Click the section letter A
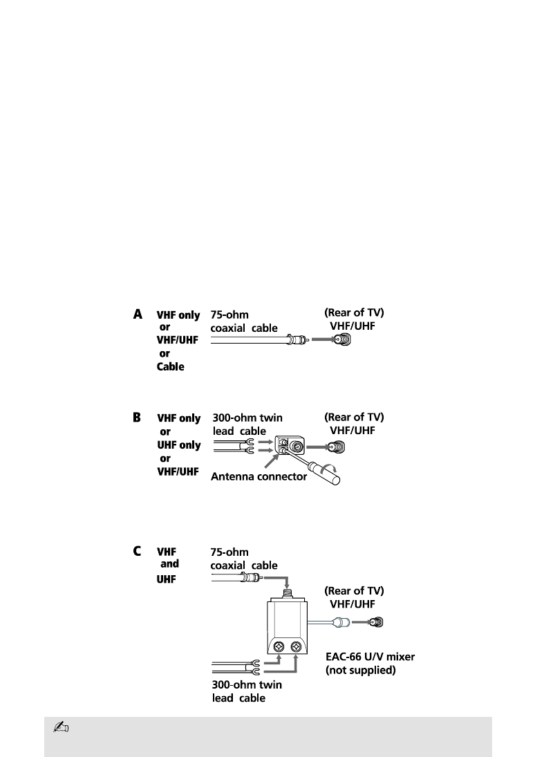138,315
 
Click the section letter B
138,418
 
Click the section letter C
138,552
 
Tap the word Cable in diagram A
170,366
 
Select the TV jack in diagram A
342,340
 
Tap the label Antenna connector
258,476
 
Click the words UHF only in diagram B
179,445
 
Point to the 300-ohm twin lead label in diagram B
247,424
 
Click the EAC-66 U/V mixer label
370,657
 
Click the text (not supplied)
360,671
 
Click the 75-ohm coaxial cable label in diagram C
244,559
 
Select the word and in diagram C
169,564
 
